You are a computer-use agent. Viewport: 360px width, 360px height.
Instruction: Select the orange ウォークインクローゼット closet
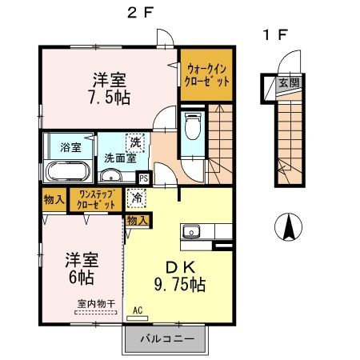(206, 75)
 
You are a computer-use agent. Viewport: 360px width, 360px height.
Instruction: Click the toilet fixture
(191, 126)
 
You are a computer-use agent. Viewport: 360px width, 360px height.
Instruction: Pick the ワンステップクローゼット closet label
(95, 199)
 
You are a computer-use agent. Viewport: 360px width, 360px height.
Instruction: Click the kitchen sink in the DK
(191, 233)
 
